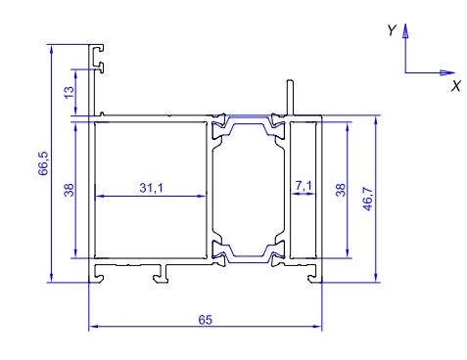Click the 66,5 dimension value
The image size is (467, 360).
(43, 163)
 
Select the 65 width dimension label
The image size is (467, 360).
(206, 320)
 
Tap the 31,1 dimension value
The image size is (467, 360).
(151, 188)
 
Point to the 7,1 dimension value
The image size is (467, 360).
(304, 186)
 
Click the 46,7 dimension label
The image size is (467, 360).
(367, 199)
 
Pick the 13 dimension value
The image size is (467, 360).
(70, 92)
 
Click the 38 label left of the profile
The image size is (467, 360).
(70, 190)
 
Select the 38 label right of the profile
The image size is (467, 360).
(340, 190)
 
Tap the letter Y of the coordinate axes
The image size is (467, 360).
(392, 30)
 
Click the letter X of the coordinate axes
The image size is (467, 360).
(456, 86)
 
